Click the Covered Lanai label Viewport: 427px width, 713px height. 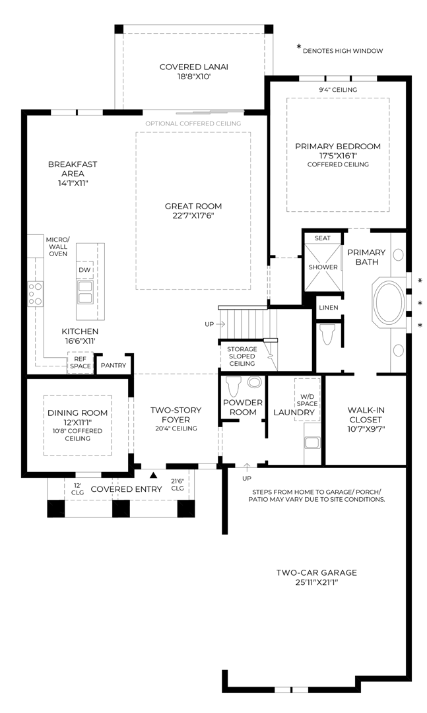193,67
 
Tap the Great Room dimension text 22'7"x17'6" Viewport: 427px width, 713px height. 193,215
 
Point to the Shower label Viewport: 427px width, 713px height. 323,267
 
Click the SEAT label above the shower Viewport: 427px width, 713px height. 323,238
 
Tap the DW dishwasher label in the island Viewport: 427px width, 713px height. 85,270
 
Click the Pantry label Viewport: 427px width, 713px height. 114,365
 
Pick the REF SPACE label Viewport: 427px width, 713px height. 80,362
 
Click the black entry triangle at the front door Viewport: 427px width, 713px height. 154,474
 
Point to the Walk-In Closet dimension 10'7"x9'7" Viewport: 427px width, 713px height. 366,428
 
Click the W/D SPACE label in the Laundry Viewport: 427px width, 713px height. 306,398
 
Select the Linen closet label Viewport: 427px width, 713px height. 328,308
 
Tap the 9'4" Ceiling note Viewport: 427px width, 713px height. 337,90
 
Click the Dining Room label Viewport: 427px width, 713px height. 77,413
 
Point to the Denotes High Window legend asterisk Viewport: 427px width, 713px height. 298,48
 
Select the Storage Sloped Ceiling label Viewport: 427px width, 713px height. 242,356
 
